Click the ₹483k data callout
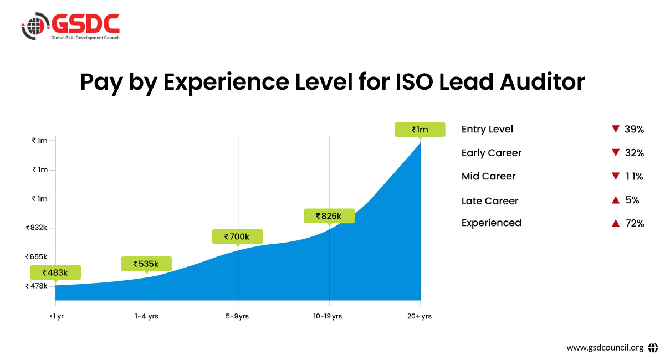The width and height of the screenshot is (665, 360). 55,272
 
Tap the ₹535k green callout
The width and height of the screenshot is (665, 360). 146,264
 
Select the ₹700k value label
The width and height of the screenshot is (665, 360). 237,236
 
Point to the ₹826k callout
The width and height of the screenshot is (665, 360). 329,215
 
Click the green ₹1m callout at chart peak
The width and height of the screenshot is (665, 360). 420,129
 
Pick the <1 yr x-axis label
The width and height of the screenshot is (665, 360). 56,316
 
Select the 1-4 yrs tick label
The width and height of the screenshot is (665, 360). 146,316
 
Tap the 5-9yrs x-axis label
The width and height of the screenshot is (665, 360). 238,316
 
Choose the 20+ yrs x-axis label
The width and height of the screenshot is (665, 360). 420,316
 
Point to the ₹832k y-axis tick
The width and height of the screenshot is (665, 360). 37,228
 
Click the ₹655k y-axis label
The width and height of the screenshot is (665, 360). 37,257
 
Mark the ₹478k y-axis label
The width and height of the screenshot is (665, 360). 37,286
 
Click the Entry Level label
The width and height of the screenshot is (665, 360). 487,130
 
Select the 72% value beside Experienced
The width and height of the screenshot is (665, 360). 634,223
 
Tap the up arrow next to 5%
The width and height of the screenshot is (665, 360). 615,200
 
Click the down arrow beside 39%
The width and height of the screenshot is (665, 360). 615,129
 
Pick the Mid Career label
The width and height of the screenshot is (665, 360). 488,177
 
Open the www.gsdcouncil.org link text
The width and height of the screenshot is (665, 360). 605,348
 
